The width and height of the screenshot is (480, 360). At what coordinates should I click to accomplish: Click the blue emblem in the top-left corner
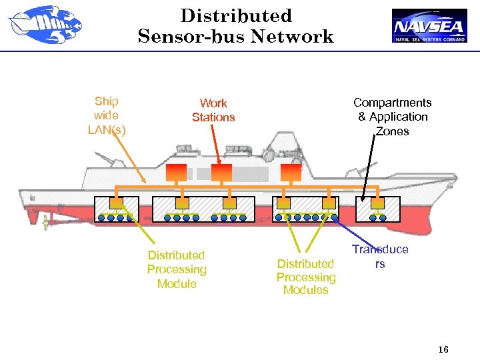pyautogui.click(x=44, y=26)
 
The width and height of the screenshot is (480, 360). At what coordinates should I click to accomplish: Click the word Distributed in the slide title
pyautogui.click(x=236, y=16)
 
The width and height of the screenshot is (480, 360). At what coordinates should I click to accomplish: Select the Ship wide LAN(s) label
pyautogui.click(x=106, y=115)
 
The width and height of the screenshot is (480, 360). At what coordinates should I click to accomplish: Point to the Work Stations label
pyautogui.click(x=213, y=110)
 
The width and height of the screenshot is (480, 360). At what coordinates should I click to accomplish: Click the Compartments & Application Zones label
pyautogui.click(x=392, y=117)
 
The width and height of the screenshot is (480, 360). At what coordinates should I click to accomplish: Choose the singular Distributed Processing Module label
pyautogui.click(x=177, y=269)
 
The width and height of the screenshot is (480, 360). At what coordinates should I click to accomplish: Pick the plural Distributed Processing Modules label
pyautogui.click(x=306, y=277)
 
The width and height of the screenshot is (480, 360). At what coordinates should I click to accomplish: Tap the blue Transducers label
pyautogui.click(x=380, y=256)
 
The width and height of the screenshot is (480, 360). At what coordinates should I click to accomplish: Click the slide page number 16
pyautogui.click(x=443, y=350)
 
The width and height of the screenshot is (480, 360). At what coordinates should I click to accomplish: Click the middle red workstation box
pyautogui.click(x=221, y=172)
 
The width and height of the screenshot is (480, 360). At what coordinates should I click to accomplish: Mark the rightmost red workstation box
pyautogui.click(x=291, y=172)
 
